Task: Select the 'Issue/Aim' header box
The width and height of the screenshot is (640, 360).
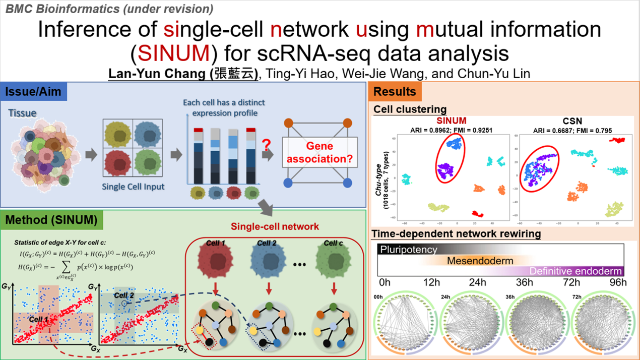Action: point(35,92)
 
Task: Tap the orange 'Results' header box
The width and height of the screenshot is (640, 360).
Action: point(395,92)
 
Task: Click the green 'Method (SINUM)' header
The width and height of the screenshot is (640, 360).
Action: point(51,220)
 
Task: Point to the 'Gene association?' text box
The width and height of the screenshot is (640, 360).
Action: point(319,153)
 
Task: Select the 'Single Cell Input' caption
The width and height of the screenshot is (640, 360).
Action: point(133,187)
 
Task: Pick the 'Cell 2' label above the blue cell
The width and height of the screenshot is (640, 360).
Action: point(267,243)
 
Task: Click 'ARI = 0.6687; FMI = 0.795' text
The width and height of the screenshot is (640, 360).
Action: point(573,131)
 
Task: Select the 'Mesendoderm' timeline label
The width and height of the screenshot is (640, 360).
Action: point(480,261)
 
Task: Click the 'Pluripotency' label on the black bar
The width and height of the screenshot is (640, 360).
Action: point(409,250)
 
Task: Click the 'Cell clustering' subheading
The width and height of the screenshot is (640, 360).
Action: point(410,109)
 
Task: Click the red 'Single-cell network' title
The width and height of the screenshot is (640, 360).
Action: point(275,226)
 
